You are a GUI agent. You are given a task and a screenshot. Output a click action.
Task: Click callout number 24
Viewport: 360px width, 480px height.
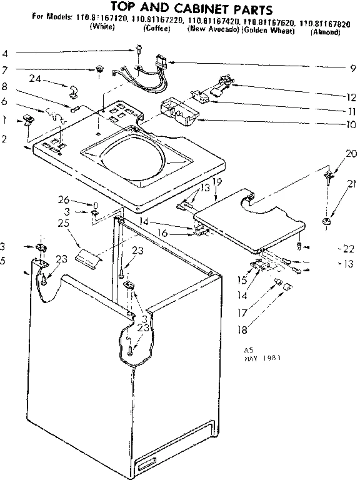35,79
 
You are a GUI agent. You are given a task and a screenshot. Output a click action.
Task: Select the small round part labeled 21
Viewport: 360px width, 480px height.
325,221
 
